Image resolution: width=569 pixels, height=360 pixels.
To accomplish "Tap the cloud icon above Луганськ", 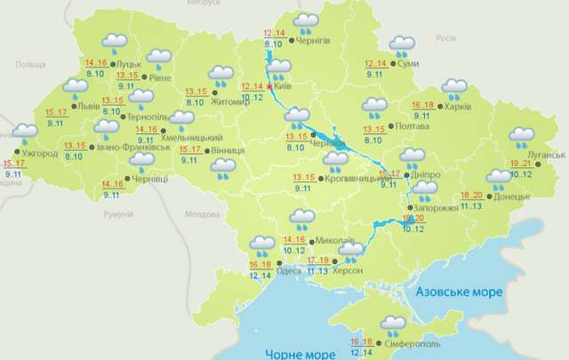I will pyautogui.click(x=522, y=137).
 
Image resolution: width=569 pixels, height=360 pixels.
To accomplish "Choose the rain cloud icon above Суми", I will pyautogui.click(x=403, y=44).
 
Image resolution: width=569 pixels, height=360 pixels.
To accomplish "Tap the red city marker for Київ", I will pyautogui.click(x=269, y=87).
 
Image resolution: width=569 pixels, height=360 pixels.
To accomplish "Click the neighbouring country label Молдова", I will pyautogui.click(x=201, y=215).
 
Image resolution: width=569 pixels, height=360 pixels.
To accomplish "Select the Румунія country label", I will pyautogui.click(x=116, y=215).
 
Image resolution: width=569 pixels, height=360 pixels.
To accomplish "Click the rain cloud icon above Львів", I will pyautogui.click(x=76, y=87).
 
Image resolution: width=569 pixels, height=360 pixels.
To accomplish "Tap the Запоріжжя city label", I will pyautogui.click(x=437, y=207).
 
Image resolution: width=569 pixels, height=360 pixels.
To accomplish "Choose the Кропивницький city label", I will pyautogui.click(x=361, y=178).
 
